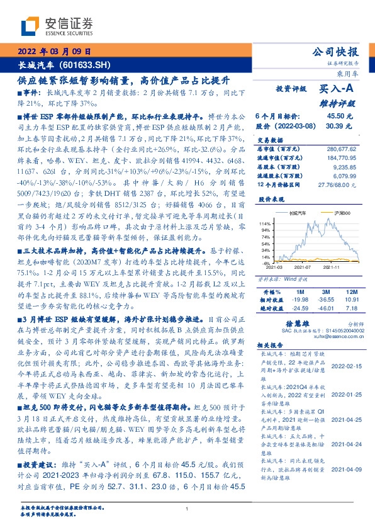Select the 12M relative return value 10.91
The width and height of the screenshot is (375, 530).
351,300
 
